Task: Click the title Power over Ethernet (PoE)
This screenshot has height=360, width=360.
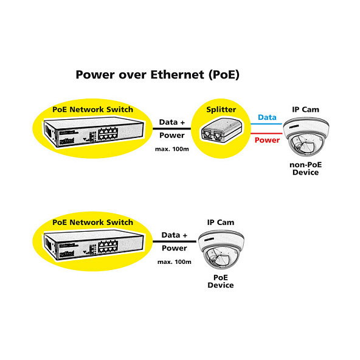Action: tap(157, 75)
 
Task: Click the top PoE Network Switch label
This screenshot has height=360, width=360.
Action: tap(92, 109)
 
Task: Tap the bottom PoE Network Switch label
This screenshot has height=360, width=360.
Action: tap(92, 223)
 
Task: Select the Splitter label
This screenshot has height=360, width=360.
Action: tap(221, 109)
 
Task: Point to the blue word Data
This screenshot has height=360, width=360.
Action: tap(267, 117)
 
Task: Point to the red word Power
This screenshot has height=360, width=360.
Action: tap(267, 140)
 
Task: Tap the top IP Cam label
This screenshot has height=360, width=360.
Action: tap(305, 109)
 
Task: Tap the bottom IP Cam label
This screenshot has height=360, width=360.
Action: tap(220, 223)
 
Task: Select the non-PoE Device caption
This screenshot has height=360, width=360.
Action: tap(305, 168)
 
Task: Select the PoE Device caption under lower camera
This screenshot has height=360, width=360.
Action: tap(220, 281)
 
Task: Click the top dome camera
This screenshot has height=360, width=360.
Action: tap(306, 136)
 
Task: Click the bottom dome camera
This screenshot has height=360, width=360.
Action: tap(221, 249)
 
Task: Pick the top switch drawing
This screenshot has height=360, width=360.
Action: tap(91, 131)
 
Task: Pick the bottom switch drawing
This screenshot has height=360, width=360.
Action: tap(91, 244)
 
